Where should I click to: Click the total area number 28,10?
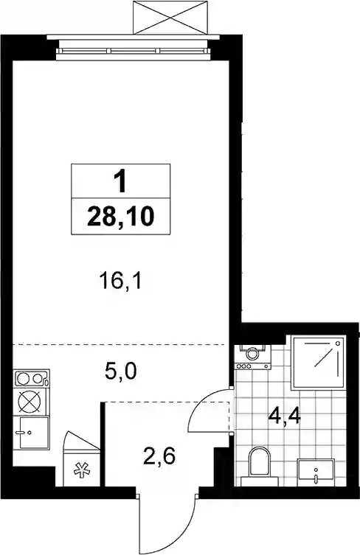(x=120, y=217)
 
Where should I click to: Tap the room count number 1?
(x=120, y=181)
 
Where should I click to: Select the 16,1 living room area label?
(x=120, y=282)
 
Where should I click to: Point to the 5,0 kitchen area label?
(x=121, y=371)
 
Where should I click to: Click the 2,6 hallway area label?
(x=159, y=456)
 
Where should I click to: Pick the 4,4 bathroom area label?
(x=285, y=416)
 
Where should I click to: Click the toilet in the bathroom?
(x=260, y=466)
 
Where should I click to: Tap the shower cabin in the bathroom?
(x=318, y=362)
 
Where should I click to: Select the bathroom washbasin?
(x=316, y=470)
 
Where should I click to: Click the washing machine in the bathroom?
(x=252, y=357)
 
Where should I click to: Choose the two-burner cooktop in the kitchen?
(x=31, y=379)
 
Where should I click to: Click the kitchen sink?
(x=31, y=433)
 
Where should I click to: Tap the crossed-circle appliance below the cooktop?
(x=30, y=402)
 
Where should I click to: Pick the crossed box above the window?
(x=170, y=18)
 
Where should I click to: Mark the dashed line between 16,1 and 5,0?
(x=120, y=344)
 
